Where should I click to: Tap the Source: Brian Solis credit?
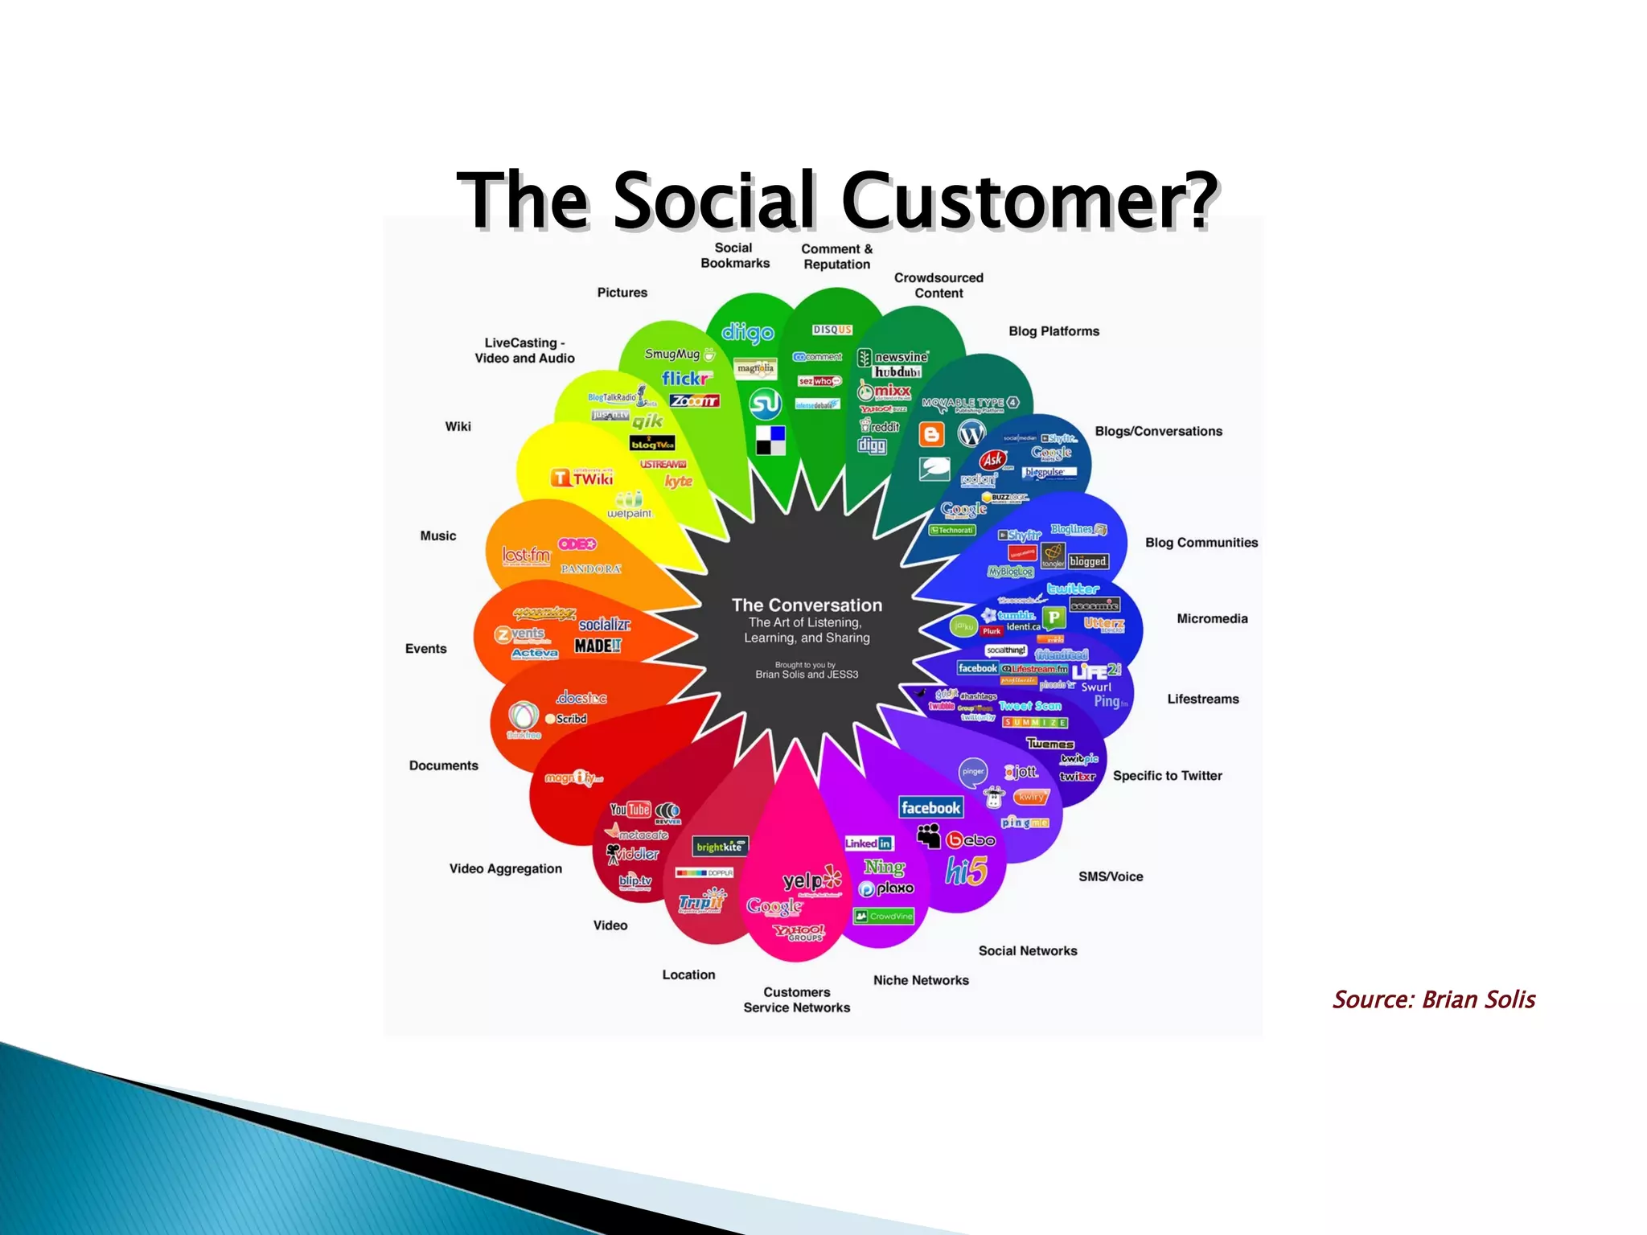click(1433, 999)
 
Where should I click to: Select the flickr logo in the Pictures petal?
click(686, 378)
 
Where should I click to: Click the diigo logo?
click(747, 332)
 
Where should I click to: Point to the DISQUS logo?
click(832, 330)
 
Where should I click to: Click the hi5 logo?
click(966, 871)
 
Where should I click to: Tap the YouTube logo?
click(630, 810)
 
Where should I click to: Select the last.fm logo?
click(526, 555)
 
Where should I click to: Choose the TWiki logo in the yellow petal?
click(582, 478)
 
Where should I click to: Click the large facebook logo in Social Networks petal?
click(930, 807)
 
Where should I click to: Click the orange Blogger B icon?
click(931, 434)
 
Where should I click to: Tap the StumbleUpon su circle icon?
click(766, 404)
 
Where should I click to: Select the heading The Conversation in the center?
click(807, 605)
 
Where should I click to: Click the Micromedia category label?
click(1212, 618)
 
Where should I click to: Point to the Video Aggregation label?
click(505, 868)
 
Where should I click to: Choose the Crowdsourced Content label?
click(939, 285)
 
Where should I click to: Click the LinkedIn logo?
click(869, 843)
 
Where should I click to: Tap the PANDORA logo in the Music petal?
click(591, 568)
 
